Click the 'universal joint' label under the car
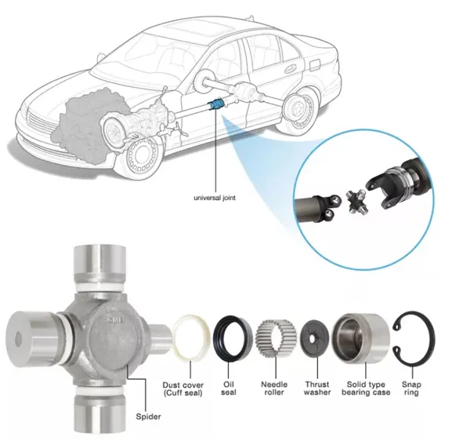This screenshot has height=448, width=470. (x=215, y=198)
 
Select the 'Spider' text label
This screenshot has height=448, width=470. (x=148, y=417)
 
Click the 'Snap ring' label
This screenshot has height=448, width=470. (x=411, y=388)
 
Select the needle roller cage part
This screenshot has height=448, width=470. (x=275, y=339)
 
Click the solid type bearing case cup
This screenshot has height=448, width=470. (x=361, y=339)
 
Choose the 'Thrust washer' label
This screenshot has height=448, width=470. (x=317, y=388)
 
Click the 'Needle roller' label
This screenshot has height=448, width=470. (x=274, y=388)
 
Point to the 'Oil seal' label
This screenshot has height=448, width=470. (x=229, y=388)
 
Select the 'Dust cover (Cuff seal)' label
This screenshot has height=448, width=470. (x=183, y=389)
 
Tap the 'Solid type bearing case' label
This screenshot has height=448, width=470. (x=366, y=388)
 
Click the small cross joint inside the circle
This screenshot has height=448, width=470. (x=356, y=202)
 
